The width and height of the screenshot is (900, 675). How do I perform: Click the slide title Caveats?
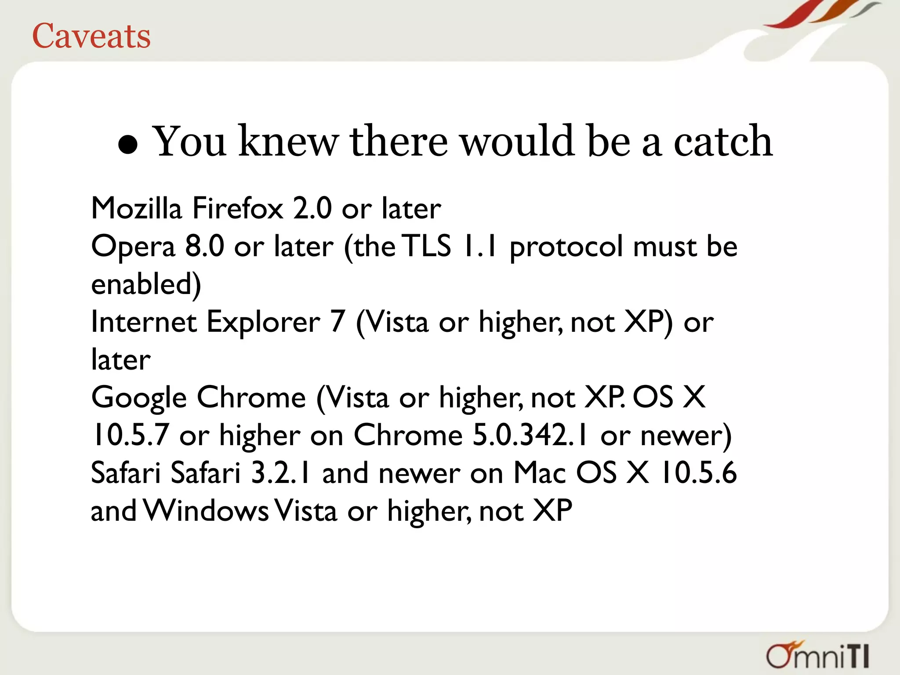pyautogui.click(x=91, y=36)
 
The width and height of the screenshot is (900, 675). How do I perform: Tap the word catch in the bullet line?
pyautogui.click(x=723, y=142)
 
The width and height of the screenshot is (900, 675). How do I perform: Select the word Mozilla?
pyautogui.click(x=136, y=208)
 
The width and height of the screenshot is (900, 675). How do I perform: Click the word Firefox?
pyautogui.click(x=238, y=208)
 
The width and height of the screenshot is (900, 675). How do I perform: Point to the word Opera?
pyautogui.click(x=133, y=247)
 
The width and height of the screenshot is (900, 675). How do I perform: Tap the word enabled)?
pyautogui.click(x=146, y=285)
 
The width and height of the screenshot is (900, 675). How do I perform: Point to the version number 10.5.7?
pyautogui.click(x=130, y=435)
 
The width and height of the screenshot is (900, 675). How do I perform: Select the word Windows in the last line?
pyautogui.click(x=206, y=511)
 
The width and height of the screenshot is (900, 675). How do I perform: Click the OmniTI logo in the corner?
pyautogui.click(x=818, y=655)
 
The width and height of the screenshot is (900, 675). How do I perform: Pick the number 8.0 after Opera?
pyautogui.click(x=204, y=246)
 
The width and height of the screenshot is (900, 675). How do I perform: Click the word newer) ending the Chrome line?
pyautogui.click(x=686, y=435)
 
